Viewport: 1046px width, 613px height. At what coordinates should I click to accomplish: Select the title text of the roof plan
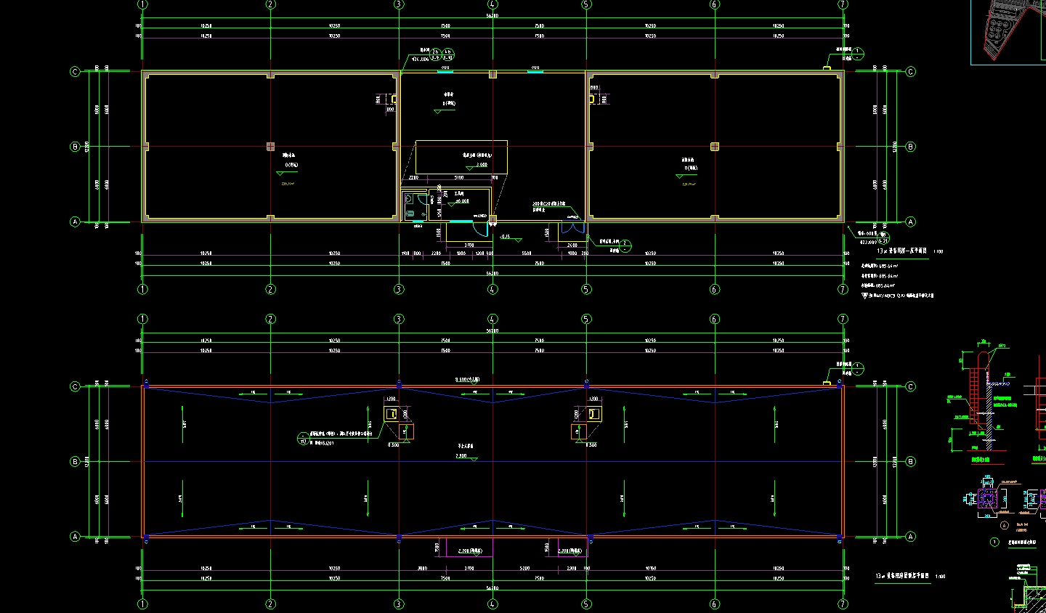pos(904,576)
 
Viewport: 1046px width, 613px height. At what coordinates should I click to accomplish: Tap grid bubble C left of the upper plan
pos(75,72)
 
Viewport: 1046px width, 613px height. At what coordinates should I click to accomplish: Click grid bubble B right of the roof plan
pos(911,462)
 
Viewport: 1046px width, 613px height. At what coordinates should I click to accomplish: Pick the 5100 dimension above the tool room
pos(458,177)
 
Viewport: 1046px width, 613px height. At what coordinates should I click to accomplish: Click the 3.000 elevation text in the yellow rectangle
pos(482,165)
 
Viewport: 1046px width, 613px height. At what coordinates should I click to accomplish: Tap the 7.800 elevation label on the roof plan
pos(461,455)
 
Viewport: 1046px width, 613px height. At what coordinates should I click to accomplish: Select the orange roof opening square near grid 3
pos(405,432)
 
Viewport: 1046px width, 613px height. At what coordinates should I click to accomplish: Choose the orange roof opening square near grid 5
pos(578,432)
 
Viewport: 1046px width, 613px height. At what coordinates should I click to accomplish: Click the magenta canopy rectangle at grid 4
pos(469,547)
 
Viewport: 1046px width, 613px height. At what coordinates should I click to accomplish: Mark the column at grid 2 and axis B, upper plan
pos(271,147)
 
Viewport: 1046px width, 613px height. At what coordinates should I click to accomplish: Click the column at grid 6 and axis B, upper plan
pos(715,147)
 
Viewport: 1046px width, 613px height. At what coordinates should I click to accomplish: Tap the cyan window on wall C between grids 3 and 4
pos(445,71)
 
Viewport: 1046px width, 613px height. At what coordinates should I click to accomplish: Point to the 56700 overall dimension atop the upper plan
pos(492,15)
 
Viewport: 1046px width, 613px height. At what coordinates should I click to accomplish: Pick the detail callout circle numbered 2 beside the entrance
pos(625,245)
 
